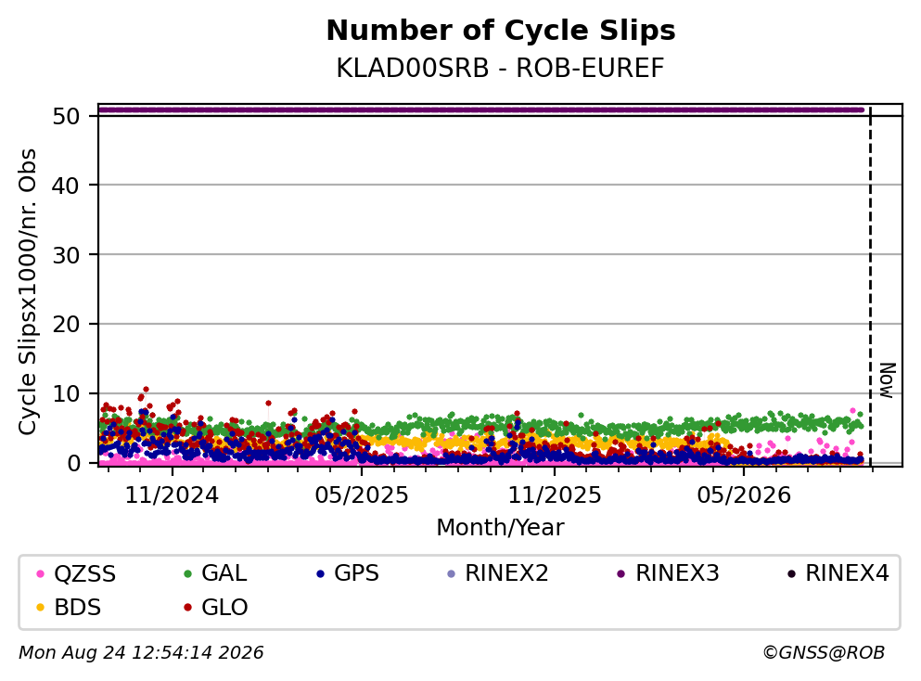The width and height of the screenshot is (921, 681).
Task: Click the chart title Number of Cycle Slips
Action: pos(501,31)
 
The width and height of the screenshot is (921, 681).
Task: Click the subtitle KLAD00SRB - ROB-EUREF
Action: pos(500,68)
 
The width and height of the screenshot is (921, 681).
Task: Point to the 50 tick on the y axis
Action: pos(66,116)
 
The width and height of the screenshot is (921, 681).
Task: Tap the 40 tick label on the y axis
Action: pos(66,186)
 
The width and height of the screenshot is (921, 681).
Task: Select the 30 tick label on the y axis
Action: pos(66,255)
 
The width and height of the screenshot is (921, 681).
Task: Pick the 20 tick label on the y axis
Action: pos(66,324)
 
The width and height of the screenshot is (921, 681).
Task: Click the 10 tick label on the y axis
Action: pos(66,393)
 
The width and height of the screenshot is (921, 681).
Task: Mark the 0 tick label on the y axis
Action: pos(73,463)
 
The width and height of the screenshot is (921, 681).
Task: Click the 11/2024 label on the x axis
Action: pos(172,495)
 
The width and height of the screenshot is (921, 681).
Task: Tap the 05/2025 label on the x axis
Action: pos(361,495)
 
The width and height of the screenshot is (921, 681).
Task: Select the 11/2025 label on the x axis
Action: pos(555,495)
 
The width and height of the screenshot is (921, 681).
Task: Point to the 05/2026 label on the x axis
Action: pos(744,495)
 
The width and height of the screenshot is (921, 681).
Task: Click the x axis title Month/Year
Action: pos(500,528)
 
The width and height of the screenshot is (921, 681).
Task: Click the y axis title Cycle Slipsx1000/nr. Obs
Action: pos(27,292)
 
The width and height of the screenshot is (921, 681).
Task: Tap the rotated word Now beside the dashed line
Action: pos(887,380)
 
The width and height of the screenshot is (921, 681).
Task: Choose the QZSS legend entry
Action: pos(76,573)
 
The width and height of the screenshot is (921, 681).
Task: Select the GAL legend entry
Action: pos(215,573)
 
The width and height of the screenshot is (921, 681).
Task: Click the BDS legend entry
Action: pos(69,608)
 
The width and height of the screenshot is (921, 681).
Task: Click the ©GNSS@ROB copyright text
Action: pos(824,653)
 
